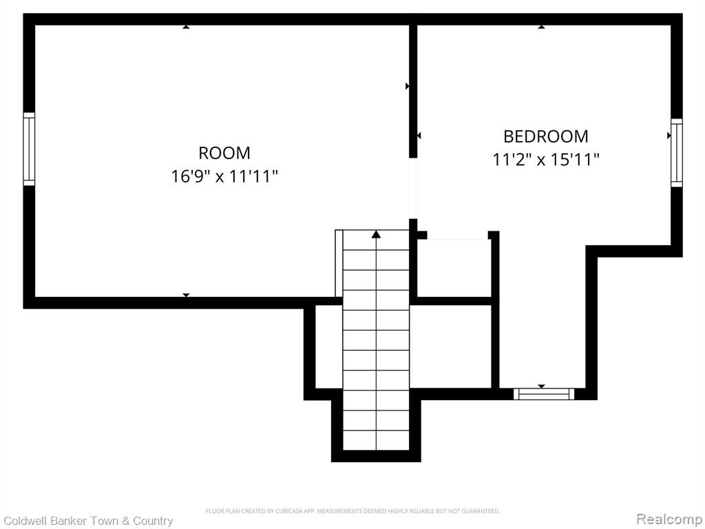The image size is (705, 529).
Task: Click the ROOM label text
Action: (224, 153)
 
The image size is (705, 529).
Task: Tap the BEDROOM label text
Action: (545, 136)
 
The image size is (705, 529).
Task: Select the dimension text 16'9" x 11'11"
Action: (224, 176)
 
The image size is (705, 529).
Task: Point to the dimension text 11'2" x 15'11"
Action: (546, 159)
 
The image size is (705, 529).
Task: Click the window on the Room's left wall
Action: (29, 149)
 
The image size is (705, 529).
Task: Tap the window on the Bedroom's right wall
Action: (677, 152)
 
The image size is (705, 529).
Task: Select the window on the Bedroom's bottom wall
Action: (544, 394)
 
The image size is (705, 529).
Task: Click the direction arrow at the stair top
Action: (377, 234)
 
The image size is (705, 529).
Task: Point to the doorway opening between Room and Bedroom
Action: (413, 189)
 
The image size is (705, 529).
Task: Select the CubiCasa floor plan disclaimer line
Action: (352, 511)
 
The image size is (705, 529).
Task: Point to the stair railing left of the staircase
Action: (339, 263)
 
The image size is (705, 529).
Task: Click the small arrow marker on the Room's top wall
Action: (186, 27)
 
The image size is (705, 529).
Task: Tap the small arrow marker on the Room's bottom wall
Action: (186, 295)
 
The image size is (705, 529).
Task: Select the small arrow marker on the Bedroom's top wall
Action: (542, 27)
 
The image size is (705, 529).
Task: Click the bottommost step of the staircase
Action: (377, 440)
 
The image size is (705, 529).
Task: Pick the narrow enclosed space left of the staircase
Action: (329, 346)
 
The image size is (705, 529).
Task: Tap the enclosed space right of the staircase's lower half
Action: (450, 346)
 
